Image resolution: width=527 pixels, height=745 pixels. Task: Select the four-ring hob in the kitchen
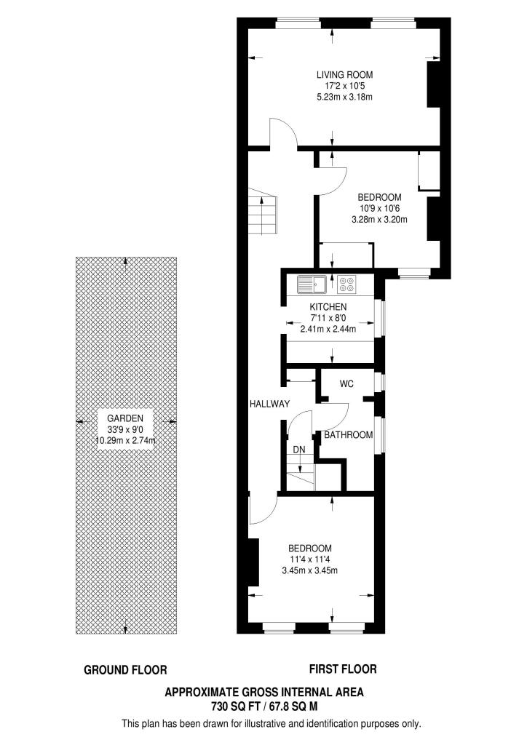point(346,282)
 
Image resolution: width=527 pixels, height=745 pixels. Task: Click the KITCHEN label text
point(328,308)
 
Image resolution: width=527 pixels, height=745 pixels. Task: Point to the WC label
point(346,384)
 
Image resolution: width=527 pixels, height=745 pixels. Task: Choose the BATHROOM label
point(348,435)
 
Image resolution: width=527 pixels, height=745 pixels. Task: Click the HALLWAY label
point(270,405)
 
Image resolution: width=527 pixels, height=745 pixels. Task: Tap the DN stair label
point(299,450)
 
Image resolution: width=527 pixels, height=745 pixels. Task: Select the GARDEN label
point(125,418)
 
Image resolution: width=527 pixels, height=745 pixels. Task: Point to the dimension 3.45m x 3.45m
point(309,570)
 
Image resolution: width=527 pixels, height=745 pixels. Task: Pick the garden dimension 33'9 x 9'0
point(125,429)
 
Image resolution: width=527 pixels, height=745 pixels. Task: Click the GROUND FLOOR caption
point(126,670)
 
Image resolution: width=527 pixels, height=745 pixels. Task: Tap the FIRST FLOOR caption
point(343,669)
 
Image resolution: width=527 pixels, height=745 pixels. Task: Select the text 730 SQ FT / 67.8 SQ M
point(264,706)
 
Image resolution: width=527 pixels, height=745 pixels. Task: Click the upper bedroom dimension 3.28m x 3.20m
point(379,219)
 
